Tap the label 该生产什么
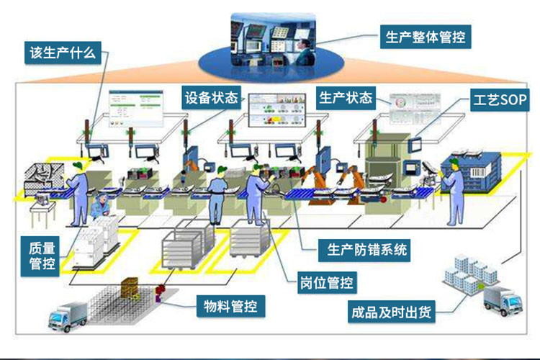pos(61,52)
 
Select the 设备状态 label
pos(212,97)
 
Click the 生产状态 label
pos(346,97)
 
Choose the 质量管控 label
pos(42,254)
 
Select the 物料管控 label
pos(231,307)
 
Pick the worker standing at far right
pos(454,189)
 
